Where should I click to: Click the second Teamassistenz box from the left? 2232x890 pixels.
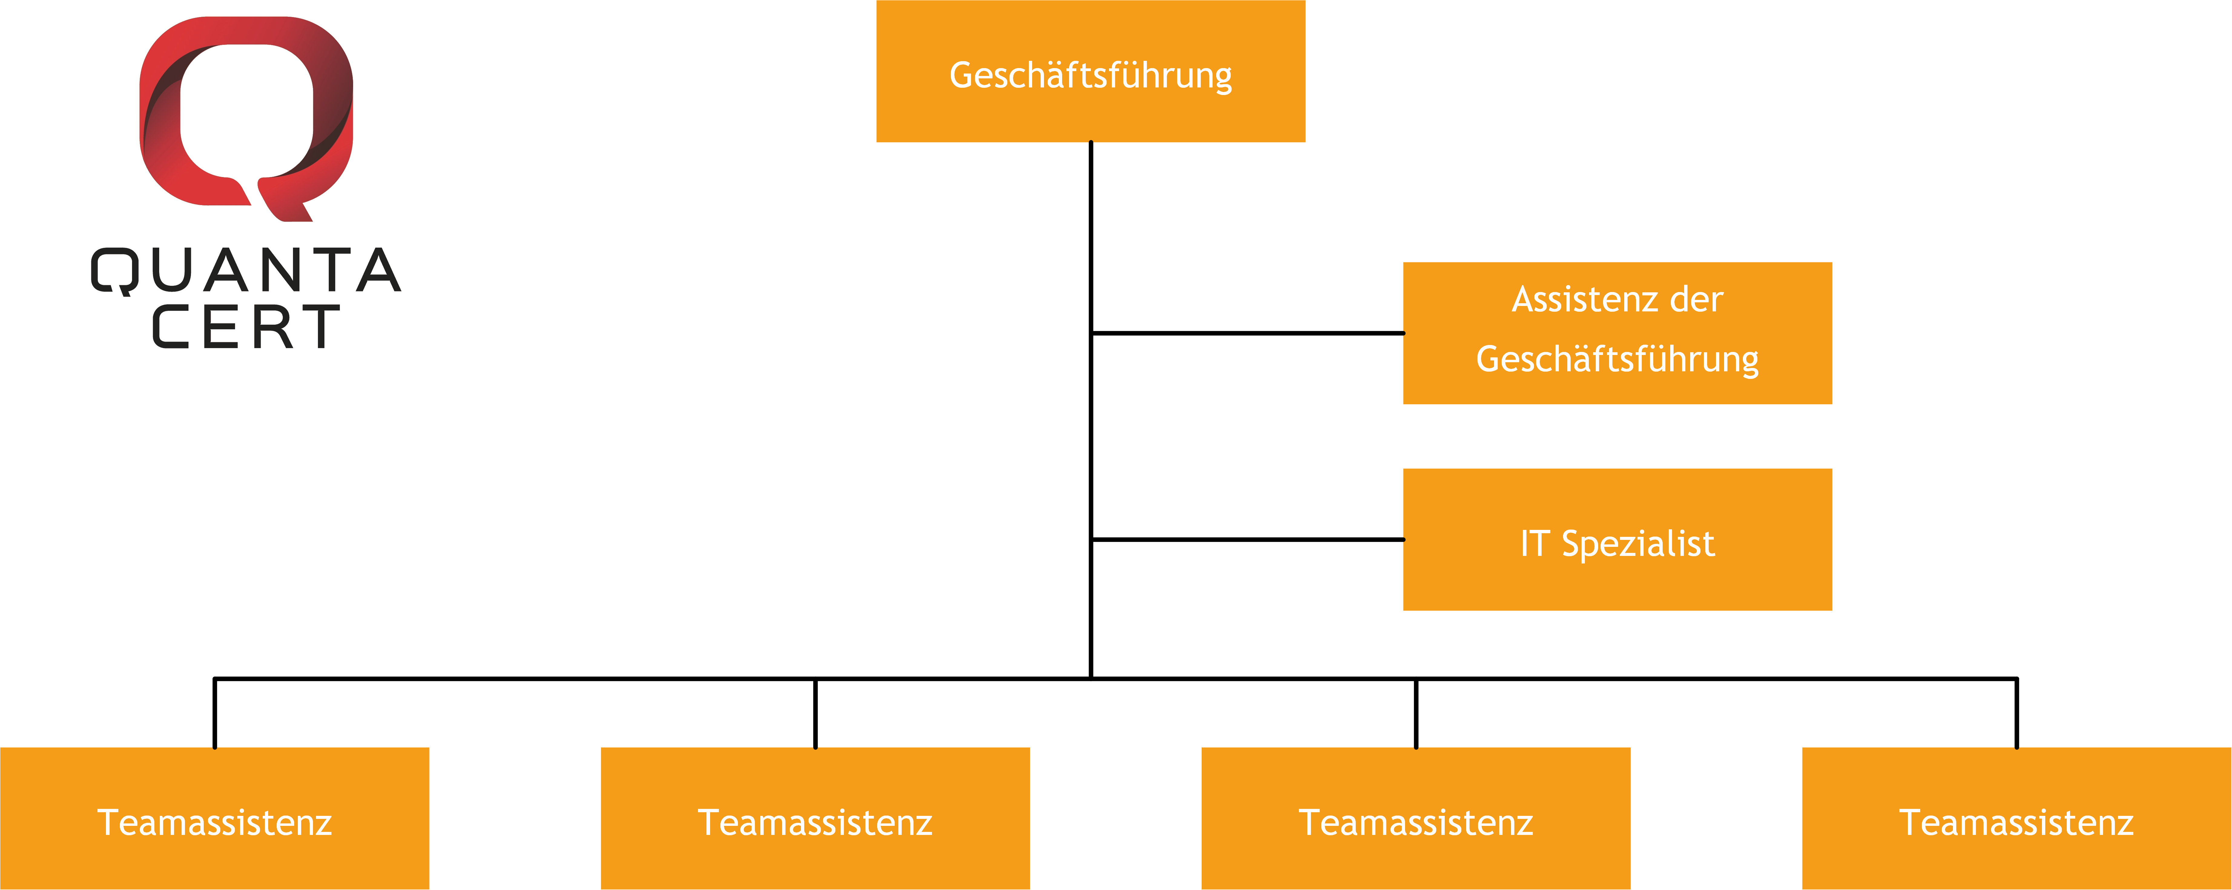pos(815,818)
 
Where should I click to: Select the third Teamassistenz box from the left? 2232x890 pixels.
pos(1416,818)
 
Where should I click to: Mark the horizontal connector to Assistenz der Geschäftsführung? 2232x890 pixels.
pos(1248,333)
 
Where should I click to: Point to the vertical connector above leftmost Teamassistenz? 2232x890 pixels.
pos(214,713)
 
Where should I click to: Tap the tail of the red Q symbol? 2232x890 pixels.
pos(286,201)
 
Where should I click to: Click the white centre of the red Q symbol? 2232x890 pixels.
pos(246,110)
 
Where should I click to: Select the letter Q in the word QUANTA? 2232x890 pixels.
pos(114,271)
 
